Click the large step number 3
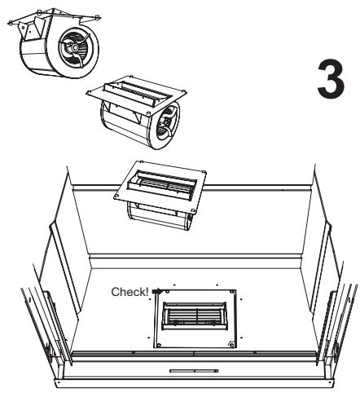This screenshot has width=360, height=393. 331,79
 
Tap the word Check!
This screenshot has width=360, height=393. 130,292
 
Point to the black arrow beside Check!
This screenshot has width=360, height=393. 157,291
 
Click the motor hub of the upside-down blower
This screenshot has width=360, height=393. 74,48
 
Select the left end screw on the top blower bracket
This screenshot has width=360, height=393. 11,23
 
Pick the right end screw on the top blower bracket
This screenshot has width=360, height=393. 98,18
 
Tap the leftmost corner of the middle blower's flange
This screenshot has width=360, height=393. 86,94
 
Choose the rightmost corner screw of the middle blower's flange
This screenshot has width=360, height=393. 184,91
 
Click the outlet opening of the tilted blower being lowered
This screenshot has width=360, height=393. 162,183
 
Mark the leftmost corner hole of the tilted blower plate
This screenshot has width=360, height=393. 117,196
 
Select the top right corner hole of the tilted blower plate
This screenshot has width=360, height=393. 204,172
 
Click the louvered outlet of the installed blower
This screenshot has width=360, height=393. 194,316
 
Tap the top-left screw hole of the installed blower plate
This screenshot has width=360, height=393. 168,292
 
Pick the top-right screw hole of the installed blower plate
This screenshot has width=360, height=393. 231,292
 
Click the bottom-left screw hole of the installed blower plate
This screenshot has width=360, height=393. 159,345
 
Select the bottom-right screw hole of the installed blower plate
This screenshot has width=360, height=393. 231,345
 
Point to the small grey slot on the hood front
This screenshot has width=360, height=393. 194,371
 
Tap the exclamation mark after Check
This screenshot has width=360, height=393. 147,292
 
